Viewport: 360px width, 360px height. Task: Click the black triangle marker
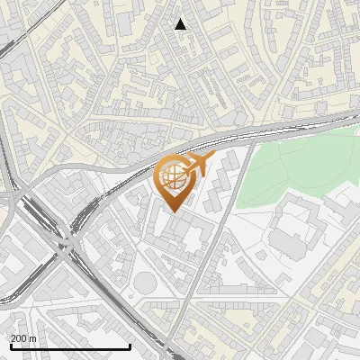coord(180,24)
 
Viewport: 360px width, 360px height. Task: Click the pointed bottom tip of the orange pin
coord(172,212)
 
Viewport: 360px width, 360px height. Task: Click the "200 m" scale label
coord(24,338)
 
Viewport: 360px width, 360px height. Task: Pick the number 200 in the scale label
coord(20,338)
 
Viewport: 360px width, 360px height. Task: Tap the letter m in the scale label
coord(33,338)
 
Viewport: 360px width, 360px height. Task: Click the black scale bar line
coord(70,346)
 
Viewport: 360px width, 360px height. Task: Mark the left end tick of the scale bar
coord(10,345)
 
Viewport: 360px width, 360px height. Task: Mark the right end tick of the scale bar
coord(130,345)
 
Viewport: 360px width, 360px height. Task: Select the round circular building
coord(145,283)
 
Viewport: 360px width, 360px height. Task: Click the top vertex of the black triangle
coord(180,19)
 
